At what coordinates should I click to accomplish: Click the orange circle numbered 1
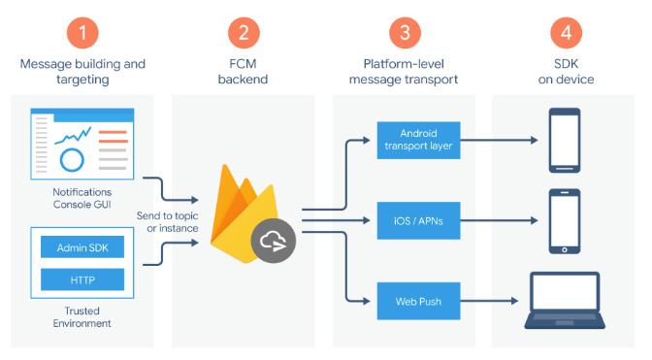click(x=82, y=33)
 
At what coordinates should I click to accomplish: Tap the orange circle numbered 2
click(x=244, y=33)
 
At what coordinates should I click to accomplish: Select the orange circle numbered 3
click(x=405, y=33)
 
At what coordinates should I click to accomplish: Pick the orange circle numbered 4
click(x=566, y=33)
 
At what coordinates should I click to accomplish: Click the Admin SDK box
click(x=82, y=247)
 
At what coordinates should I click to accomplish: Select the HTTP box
click(x=82, y=279)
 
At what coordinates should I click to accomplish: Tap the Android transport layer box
click(x=418, y=140)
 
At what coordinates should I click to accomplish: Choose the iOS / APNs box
click(x=418, y=220)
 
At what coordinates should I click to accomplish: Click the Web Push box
click(x=418, y=301)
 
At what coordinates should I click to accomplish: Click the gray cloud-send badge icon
click(x=274, y=241)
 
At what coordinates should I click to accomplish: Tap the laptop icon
click(x=565, y=301)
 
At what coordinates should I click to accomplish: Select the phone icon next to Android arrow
click(x=565, y=141)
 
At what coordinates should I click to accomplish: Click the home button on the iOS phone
click(x=565, y=249)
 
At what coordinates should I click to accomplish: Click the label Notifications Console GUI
click(x=81, y=198)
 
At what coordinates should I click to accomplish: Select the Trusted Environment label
click(x=81, y=317)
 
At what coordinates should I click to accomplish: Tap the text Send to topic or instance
click(x=168, y=222)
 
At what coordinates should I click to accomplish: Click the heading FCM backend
click(x=243, y=72)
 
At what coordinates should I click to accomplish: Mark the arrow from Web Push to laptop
click(x=489, y=301)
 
